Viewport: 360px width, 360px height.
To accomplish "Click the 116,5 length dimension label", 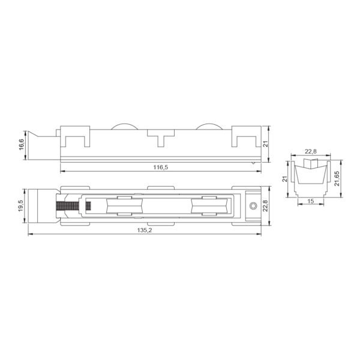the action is [x=161, y=167].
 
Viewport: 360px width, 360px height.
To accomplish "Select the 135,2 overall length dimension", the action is [x=145, y=230].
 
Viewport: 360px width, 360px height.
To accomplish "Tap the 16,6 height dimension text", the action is [x=22, y=145].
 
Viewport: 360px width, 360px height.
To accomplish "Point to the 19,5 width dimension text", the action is [x=21, y=206].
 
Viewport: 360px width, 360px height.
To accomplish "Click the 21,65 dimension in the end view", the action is [x=337, y=178].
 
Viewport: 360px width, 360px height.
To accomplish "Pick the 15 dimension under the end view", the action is [x=310, y=201].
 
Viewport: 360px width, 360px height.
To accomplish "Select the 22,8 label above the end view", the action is [x=311, y=151].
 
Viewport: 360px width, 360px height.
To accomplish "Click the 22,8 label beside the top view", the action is [x=265, y=205].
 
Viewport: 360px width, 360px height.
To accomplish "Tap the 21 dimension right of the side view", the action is [x=265, y=144].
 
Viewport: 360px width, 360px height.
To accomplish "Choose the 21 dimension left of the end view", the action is [x=285, y=179].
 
